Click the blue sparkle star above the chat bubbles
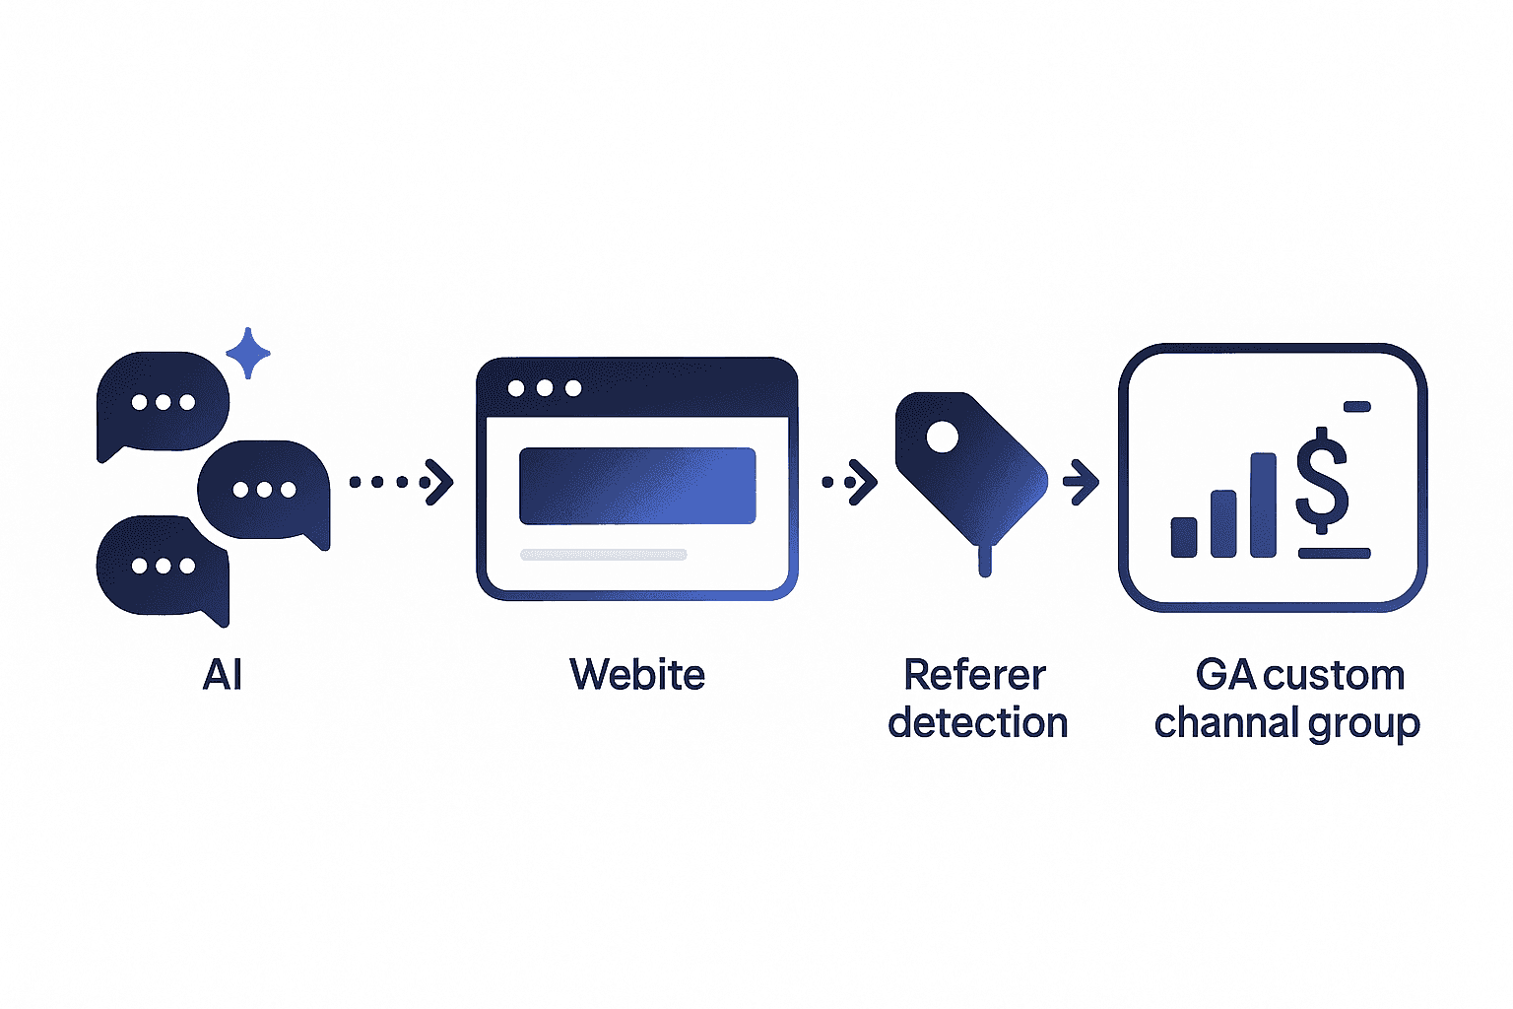[248, 353]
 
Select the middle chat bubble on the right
[264, 490]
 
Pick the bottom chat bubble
[163, 566]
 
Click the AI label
[223, 676]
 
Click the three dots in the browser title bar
[544, 388]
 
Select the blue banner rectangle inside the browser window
[637, 486]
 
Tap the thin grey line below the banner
[603, 555]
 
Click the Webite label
[637, 676]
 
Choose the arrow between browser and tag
[850, 482]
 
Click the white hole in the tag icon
[942, 437]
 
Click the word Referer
[974, 676]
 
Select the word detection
[977, 723]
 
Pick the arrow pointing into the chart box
[1081, 482]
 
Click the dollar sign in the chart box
[1322, 481]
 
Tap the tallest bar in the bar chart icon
[1263, 504]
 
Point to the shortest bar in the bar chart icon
[1184, 537]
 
